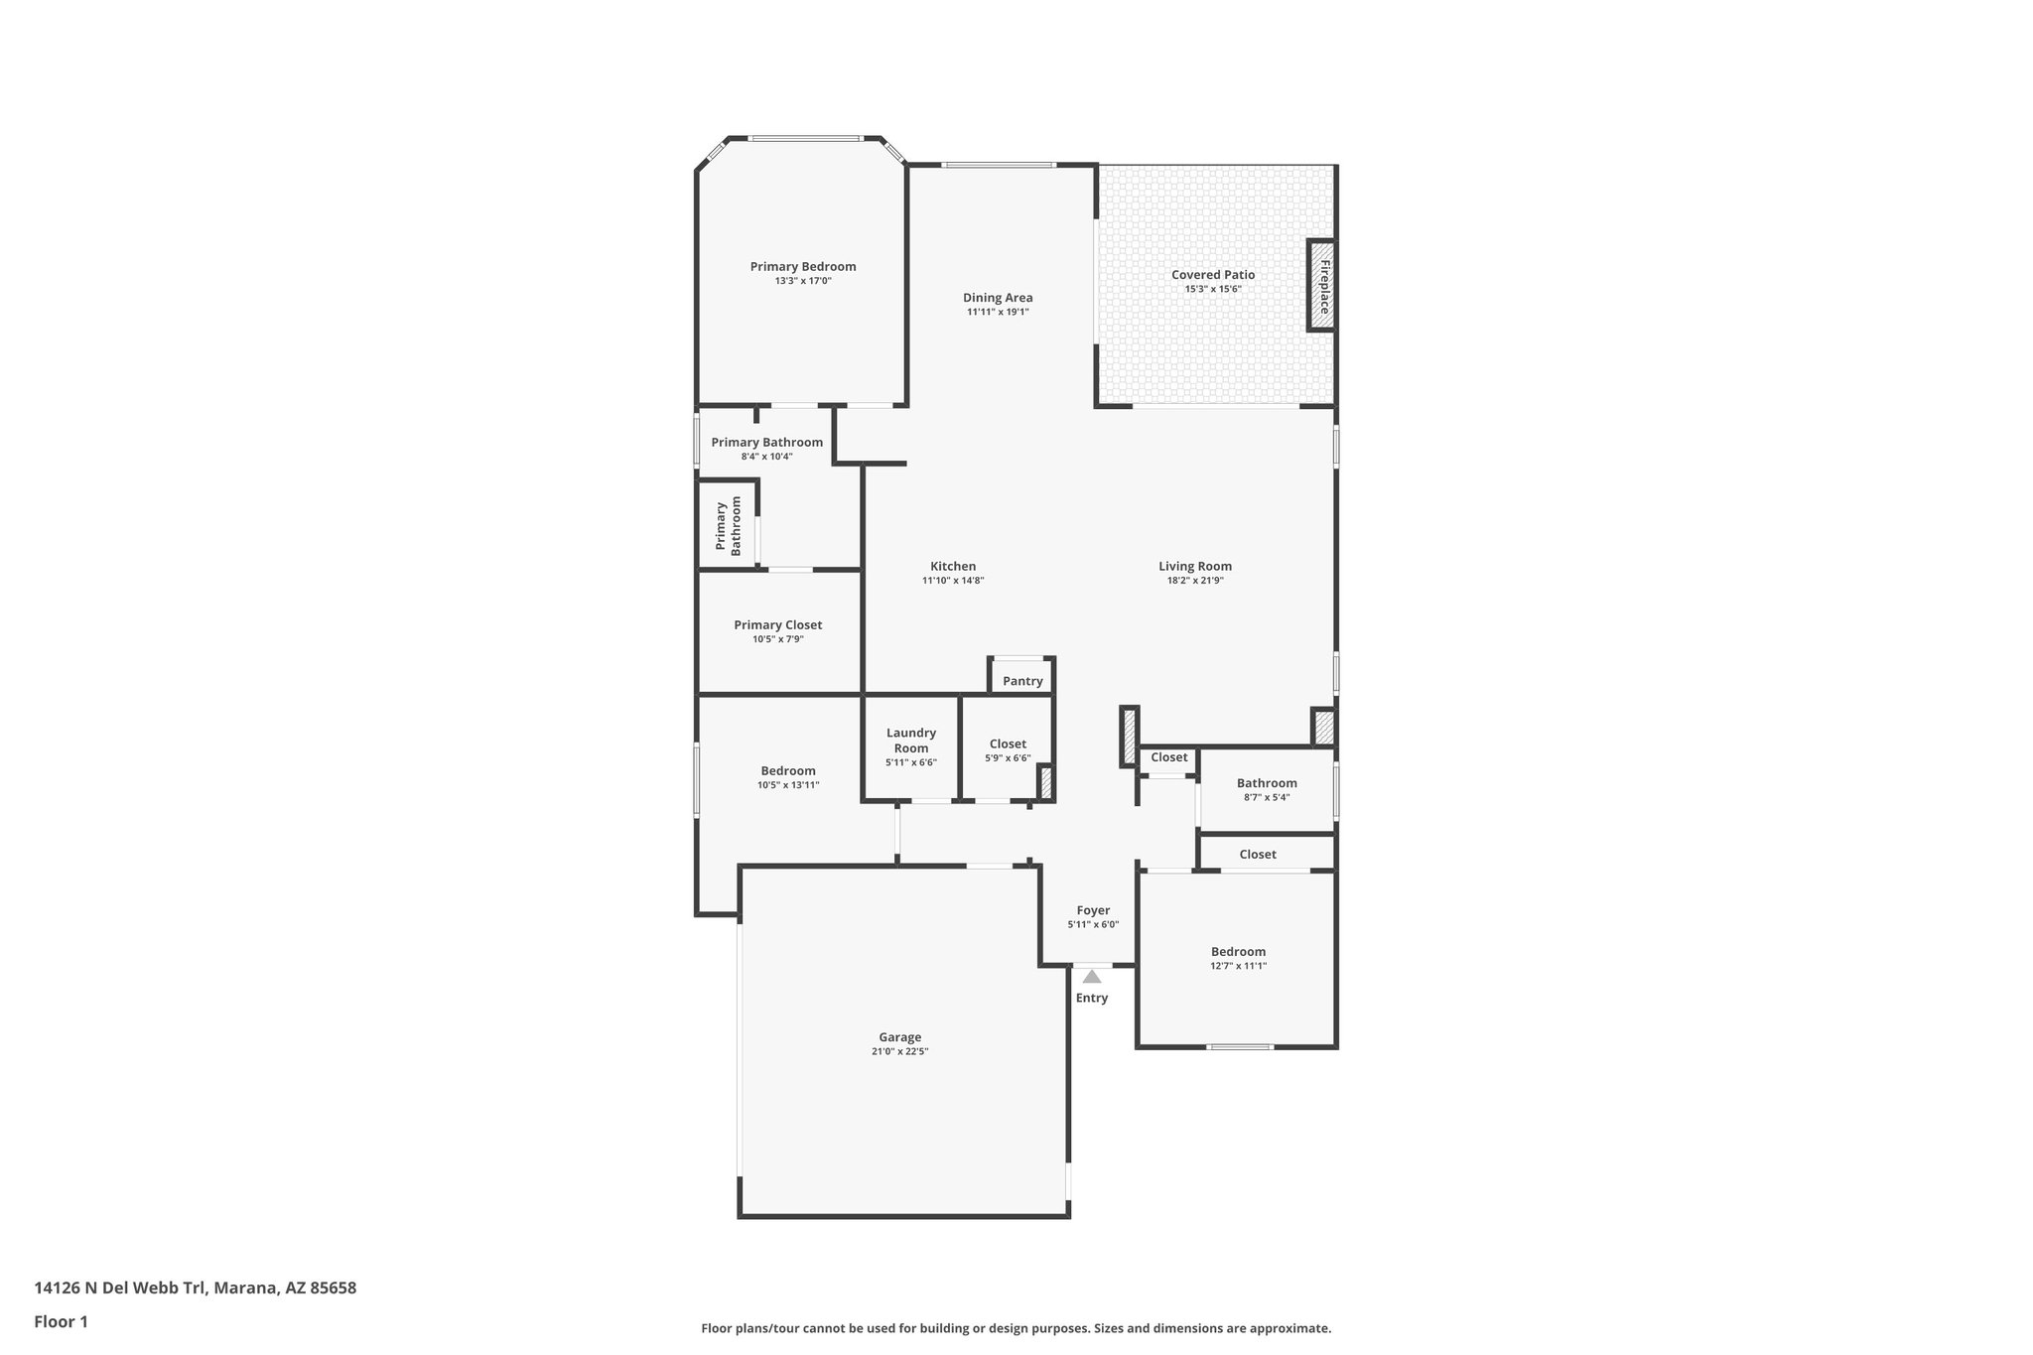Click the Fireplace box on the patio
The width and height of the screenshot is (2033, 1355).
1322,286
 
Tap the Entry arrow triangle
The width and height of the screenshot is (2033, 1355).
1092,977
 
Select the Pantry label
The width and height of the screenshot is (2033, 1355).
1022,681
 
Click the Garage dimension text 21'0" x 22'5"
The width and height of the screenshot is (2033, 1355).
899,1051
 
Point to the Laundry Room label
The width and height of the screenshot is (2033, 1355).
911,741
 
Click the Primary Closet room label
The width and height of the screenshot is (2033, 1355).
778,625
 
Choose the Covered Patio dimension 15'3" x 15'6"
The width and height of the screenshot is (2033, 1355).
1213,289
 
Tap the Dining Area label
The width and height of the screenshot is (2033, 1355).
998,298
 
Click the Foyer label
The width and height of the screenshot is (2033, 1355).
1093,910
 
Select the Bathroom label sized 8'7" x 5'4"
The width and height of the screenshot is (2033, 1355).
1267,783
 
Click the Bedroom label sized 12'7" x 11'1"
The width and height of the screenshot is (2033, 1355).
1238,952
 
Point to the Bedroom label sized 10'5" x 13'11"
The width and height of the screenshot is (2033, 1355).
788,771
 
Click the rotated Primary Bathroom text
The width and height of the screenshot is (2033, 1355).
729,525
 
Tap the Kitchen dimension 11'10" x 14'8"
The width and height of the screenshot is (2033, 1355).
953,581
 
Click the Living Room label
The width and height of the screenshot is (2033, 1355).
1195,567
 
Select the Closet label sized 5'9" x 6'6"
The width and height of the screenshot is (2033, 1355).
1008,745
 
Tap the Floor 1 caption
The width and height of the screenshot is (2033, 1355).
62,1321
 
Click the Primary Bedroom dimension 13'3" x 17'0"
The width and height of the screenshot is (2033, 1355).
803,281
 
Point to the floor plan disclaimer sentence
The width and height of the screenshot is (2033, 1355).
1016,1328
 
